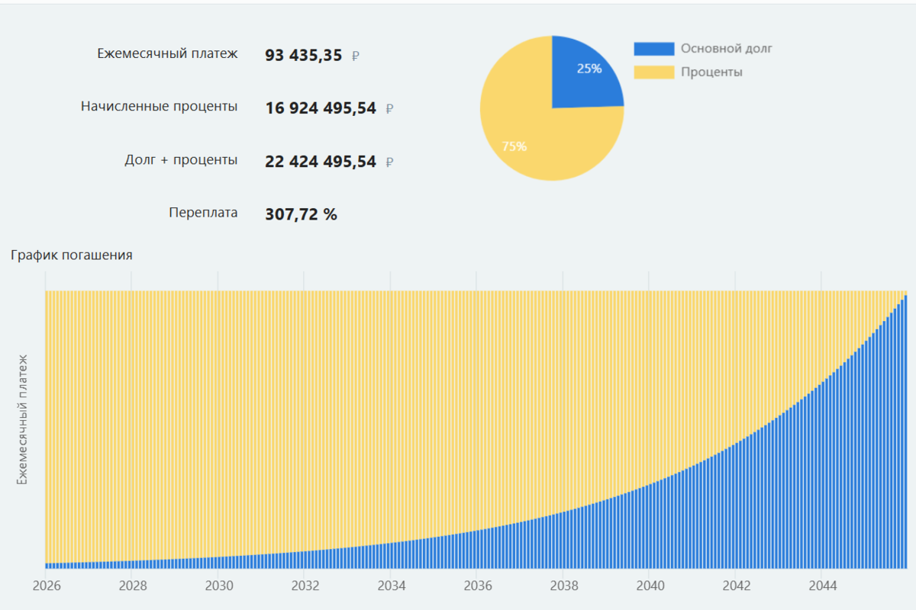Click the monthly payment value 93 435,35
(x=303, y=55)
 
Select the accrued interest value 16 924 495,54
(x=321, y=108)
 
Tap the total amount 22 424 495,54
(x=321, y=162)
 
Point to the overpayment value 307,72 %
(x=301, y=214)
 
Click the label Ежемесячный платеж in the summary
(x=167, y=53)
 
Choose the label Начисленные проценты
(x=159, y=107)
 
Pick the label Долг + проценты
(x=181, y=160)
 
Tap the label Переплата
(x=203, y=213)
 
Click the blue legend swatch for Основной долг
(x=653, y=49)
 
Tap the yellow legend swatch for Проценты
(x=653, y=72)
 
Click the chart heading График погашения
(x=72, y=255)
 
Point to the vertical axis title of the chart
(x=22, y=419)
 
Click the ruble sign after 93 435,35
(x=356, y=56)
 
